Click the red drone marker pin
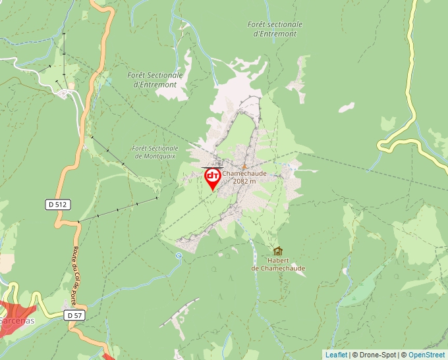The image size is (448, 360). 213,177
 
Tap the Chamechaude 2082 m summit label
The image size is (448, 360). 244,177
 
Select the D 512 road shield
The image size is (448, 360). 57,205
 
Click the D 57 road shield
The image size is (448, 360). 74,316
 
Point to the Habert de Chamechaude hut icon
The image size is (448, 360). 277,251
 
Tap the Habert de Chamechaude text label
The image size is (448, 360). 278,265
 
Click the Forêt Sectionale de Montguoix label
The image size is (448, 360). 155,152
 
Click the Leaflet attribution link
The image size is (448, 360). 336,355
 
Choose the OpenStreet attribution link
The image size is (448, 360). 426,355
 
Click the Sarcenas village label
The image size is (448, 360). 12,321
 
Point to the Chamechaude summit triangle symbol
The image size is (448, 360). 244,167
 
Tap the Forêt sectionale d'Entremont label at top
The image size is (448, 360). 275,29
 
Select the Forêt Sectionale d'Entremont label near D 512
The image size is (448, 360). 155,80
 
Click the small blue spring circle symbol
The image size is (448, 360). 179,256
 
